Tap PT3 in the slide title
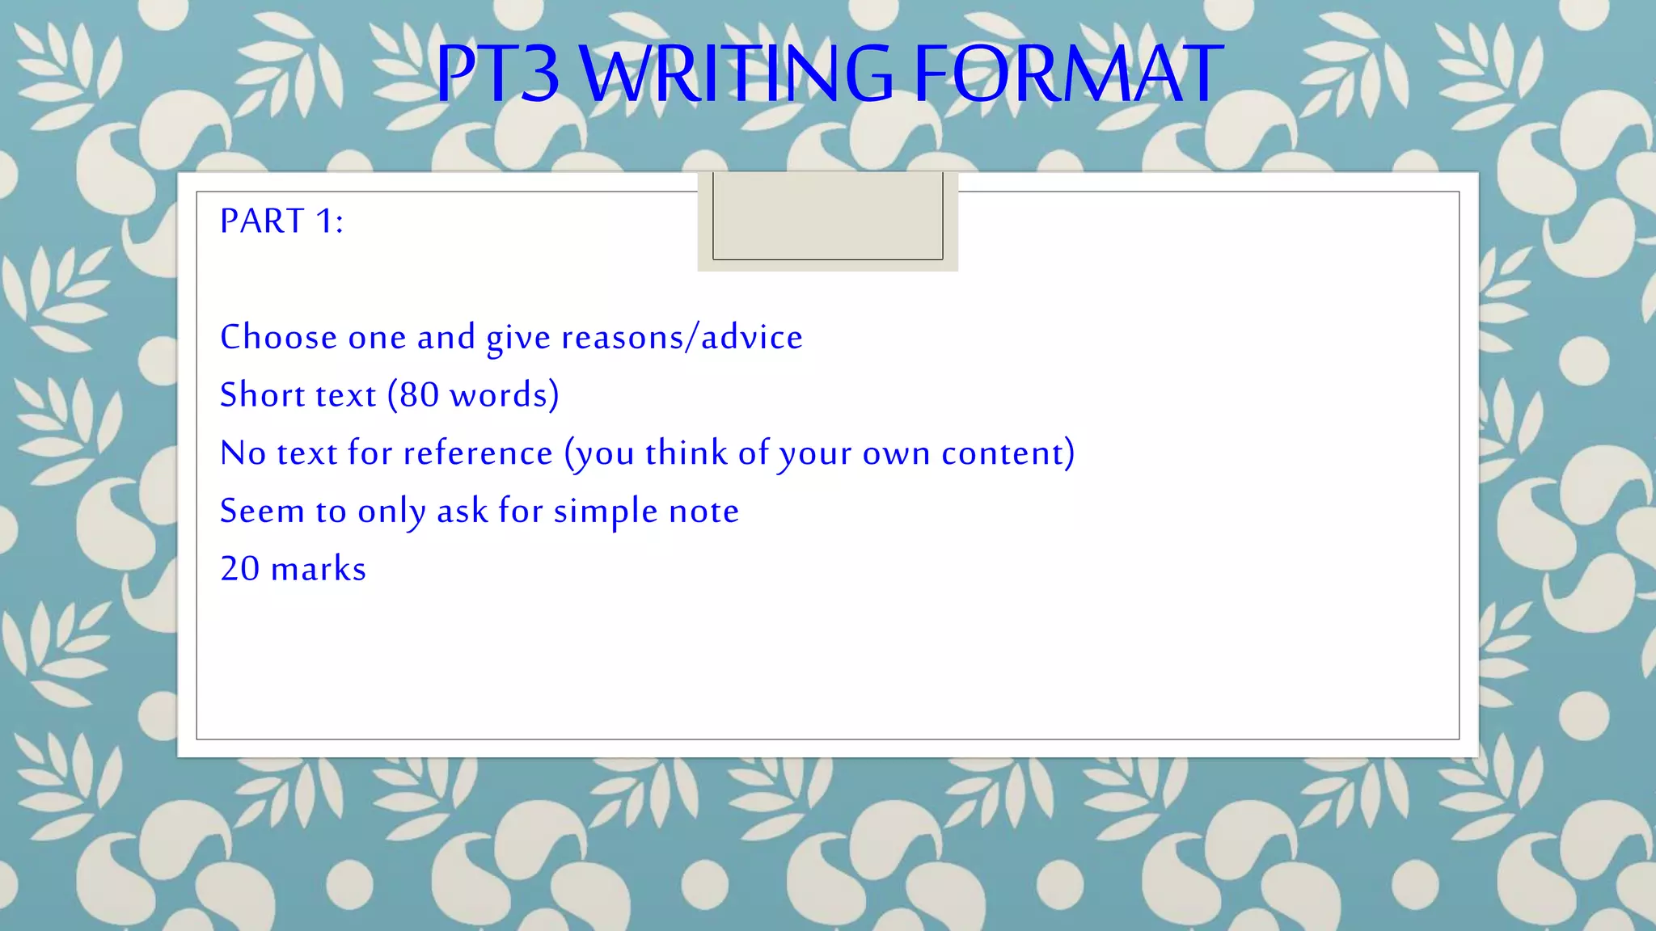[x=497, y=74]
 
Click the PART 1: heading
[x=281, y=221]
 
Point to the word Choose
[x=278, y=337]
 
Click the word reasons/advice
[x=682, y=337]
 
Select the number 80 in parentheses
[x=419, y=395]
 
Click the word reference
[x=478, y=453]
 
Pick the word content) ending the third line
[x=1008, y=453]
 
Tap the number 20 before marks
[x=240, y=569]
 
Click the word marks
[x=319, y=569]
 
